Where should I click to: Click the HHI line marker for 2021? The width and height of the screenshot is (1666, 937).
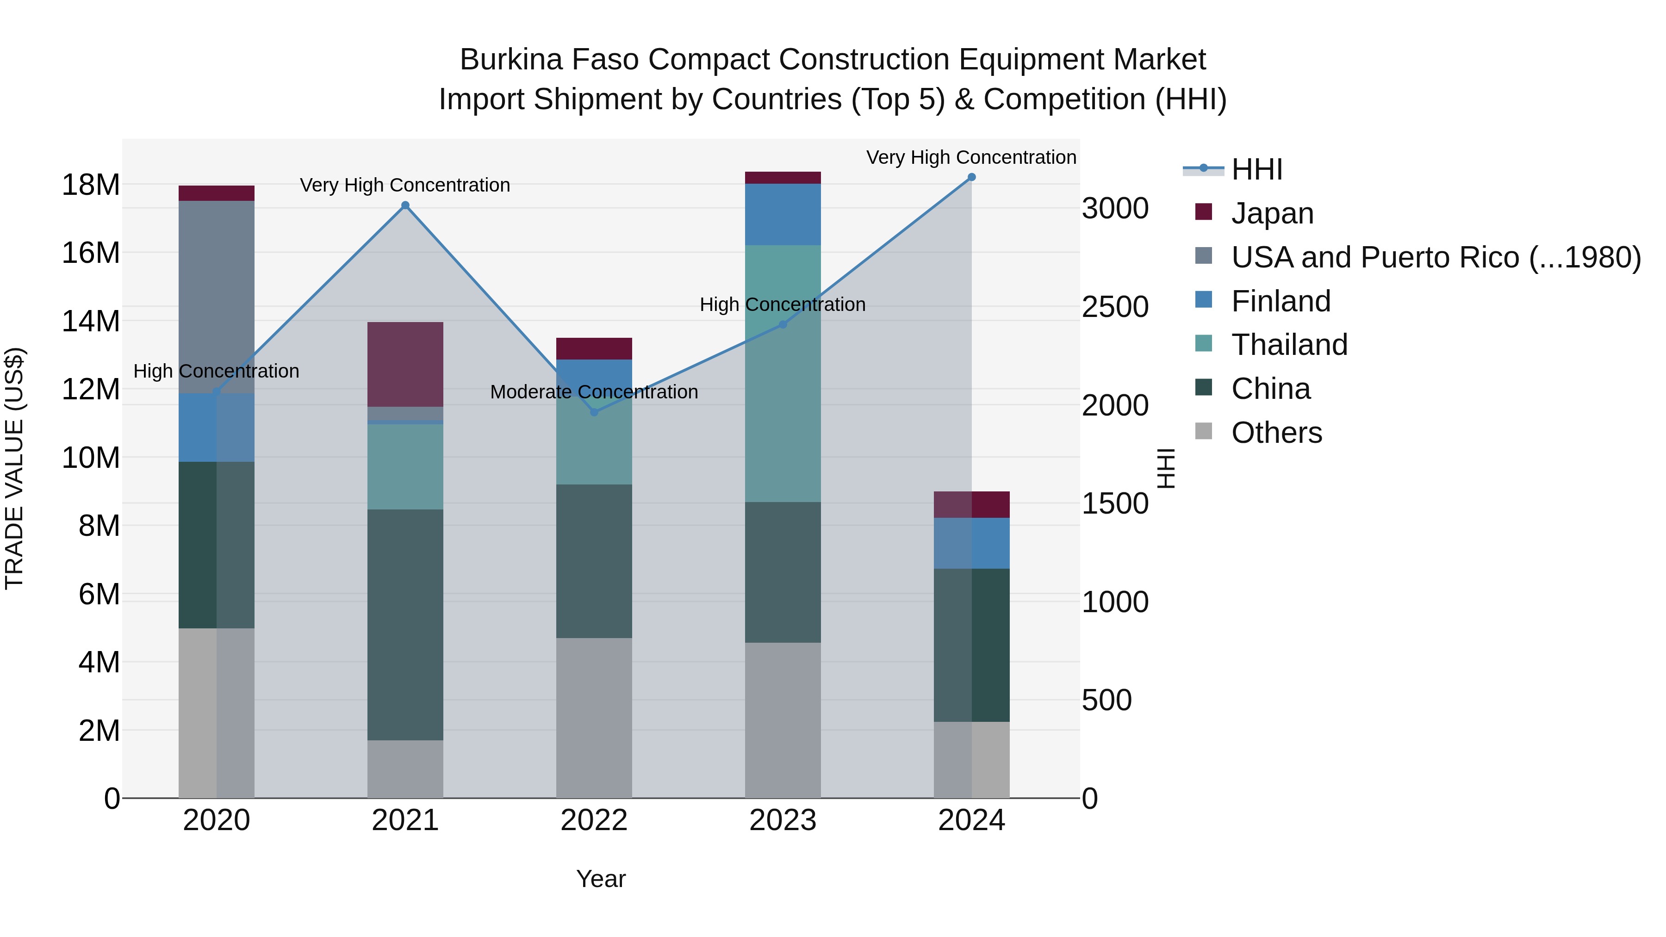pos(405,205)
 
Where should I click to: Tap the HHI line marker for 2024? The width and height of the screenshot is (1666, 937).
pos(971,177)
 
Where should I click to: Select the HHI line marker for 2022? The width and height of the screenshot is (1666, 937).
pos(594,412)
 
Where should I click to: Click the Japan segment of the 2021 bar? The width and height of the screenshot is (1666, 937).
pos(405,364)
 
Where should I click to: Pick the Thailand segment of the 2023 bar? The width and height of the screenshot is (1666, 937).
pos(783,373)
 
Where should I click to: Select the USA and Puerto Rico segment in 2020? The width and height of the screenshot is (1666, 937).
pos(217,297)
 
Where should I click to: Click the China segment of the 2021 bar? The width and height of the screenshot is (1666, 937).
pos(405,625)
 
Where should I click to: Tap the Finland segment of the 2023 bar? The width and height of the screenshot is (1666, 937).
pos(783,214)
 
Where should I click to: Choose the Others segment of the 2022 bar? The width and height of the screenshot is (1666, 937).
pos(594,718)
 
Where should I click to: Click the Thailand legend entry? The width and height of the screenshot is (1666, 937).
pos(1289,345)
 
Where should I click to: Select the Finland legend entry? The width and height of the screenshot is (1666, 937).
pos(1281,301)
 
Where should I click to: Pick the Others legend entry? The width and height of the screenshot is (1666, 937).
pos(1276,433)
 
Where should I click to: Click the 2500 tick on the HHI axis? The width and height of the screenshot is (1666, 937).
pos(1115,307)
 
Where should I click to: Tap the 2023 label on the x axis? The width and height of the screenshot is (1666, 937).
pos(783,820)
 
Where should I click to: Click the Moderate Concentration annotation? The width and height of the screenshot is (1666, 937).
pos(594,392)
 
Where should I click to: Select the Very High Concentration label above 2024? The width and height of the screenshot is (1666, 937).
pos(971,157)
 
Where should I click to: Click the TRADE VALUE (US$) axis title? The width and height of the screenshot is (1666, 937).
pos(14,468)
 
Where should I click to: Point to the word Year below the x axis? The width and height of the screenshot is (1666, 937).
pos(601,879)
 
